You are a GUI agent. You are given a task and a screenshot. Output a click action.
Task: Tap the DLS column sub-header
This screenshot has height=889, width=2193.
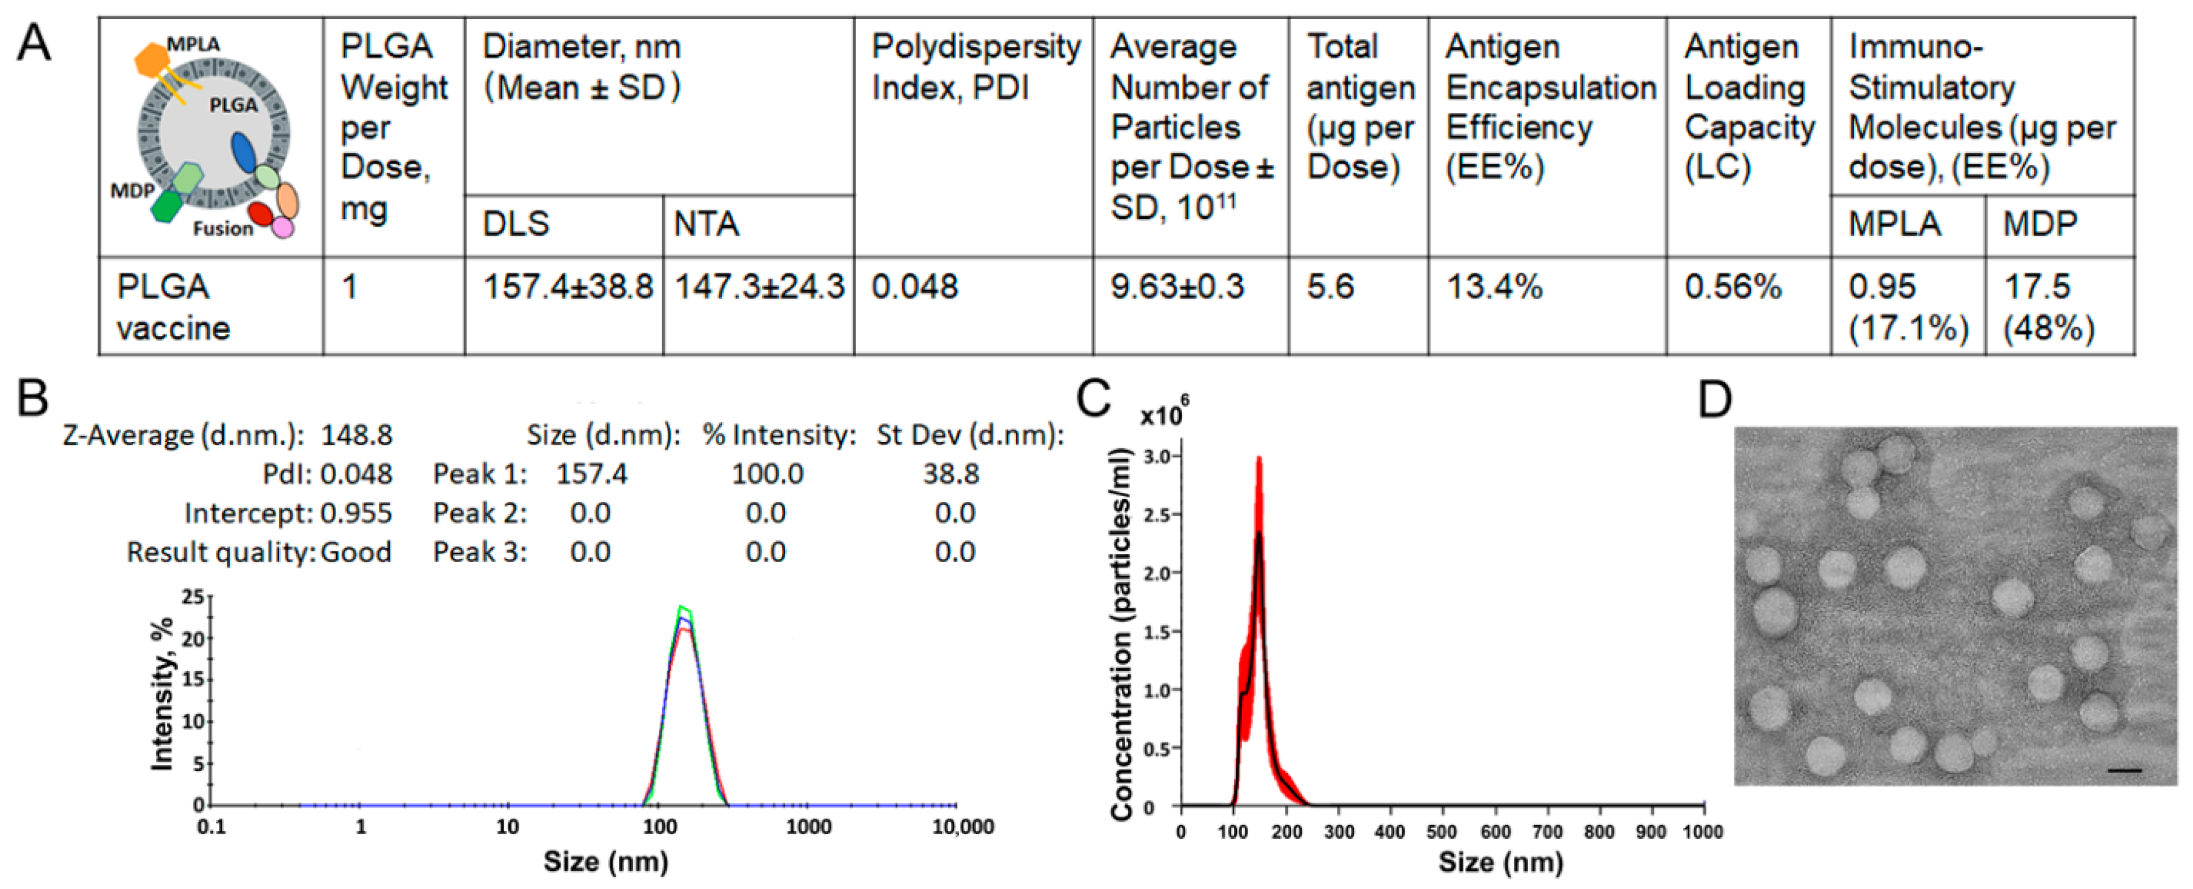point(516,224)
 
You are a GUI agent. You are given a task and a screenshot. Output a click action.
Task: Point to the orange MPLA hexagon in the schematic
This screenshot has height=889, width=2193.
point(153,60)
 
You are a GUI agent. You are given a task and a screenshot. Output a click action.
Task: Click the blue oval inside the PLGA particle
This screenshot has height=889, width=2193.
point(244,152)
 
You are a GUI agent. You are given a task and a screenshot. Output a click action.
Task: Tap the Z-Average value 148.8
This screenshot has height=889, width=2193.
point(356,435)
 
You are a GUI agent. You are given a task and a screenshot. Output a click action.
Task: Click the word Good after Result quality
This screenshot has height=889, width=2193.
point(356,552)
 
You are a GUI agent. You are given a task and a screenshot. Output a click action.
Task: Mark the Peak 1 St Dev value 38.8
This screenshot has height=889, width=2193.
point(951,474)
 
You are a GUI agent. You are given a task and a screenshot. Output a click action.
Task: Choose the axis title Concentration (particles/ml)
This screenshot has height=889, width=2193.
point(1121,634)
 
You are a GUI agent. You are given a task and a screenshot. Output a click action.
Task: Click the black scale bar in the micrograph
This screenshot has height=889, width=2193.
point(2124,770)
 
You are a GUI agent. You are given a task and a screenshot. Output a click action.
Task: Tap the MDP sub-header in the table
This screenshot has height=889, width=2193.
point(2039,224)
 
